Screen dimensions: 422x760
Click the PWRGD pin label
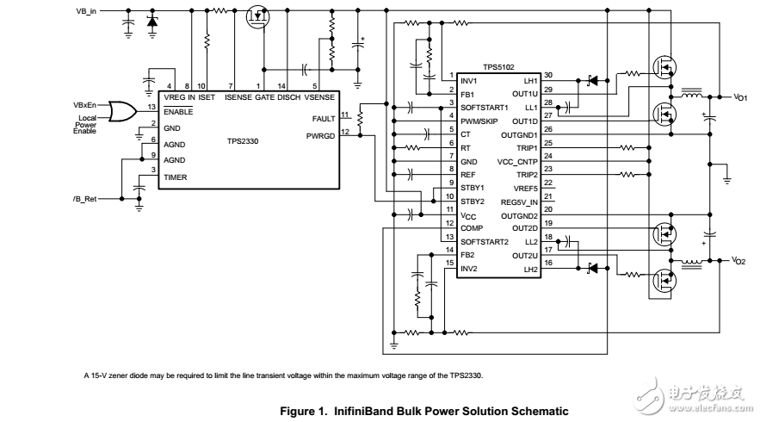pos(321,135)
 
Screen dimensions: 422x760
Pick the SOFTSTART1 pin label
pos(486,107)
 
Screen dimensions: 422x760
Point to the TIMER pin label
pos(176,177)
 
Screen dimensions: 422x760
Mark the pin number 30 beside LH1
pos(548,75)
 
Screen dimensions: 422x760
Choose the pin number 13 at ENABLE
pos(151,107)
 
